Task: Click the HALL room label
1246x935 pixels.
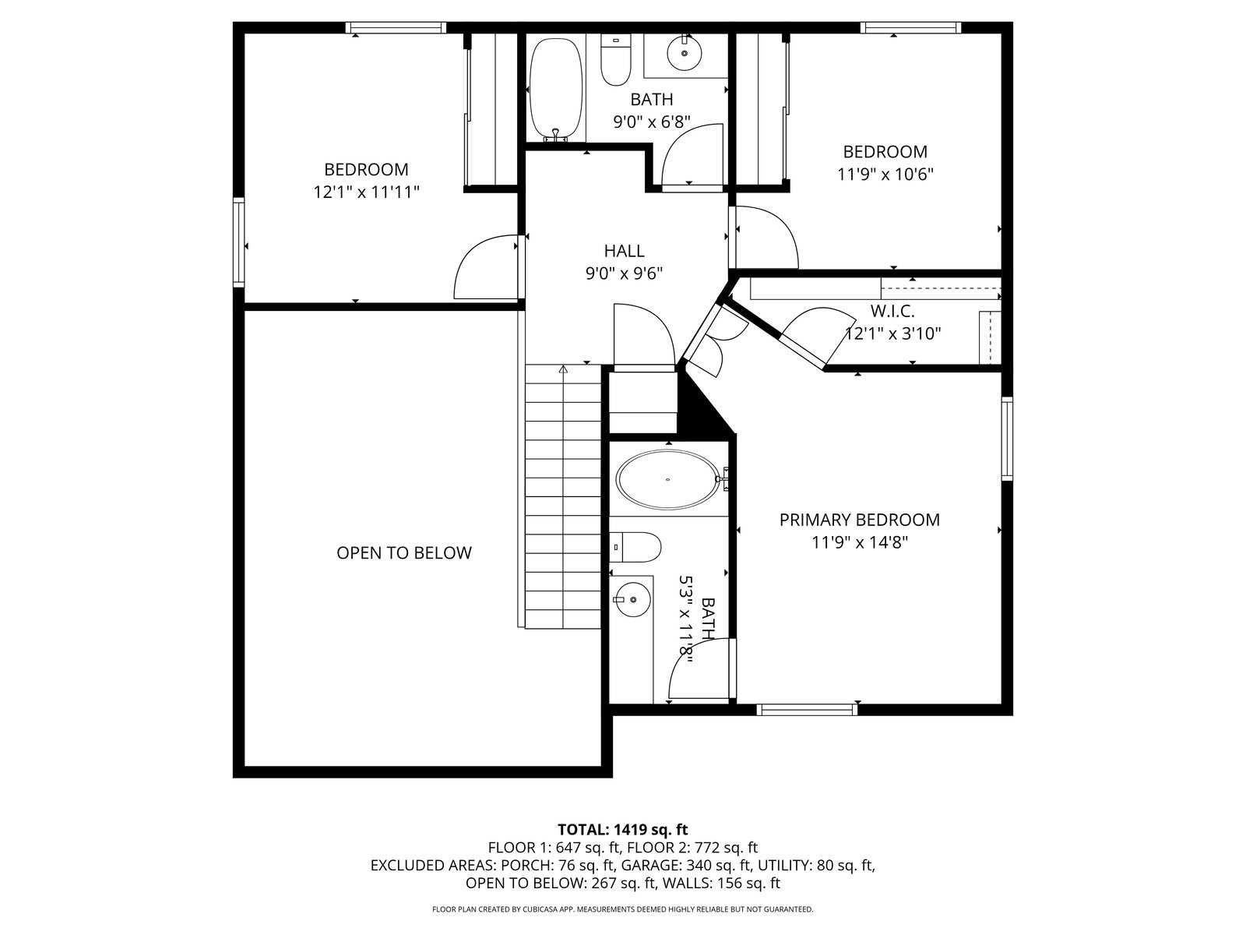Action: pos(624,251)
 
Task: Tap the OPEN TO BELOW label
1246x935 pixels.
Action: pos(403,553)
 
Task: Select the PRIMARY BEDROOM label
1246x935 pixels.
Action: pos(860,520)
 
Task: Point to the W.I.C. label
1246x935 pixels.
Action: pos(892,311)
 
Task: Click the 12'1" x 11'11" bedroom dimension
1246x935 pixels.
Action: pos(366,192)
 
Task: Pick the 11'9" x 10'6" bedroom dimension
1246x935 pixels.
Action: pos(885,175)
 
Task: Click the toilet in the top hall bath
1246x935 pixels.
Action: pos(616,60)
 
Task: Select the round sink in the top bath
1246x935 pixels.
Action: pos(684,53)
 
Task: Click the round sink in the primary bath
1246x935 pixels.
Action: pos(632,599)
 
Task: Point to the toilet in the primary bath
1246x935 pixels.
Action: pos(635,547)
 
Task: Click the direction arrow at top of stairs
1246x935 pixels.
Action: pos(563,369)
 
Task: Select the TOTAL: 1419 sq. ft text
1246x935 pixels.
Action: pos(623,829)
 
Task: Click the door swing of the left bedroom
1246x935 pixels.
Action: pos(486,266)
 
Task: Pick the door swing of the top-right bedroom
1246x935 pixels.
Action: pos(766,237)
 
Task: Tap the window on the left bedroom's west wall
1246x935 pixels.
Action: pos(239,242)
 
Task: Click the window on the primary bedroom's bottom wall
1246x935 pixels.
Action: pos(807,709)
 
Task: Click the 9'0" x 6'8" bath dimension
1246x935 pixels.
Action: pos(652,122)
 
